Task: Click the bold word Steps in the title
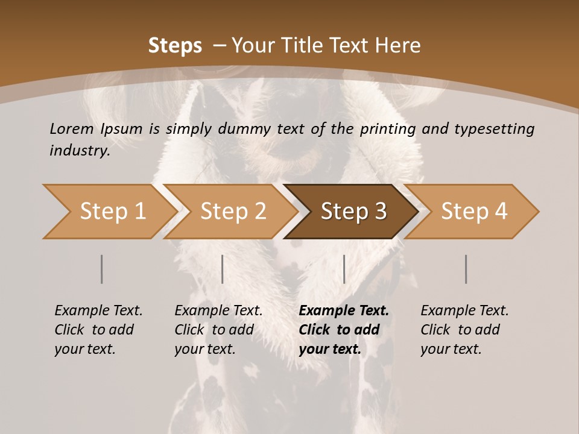[x=175, y=46]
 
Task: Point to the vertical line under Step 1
[x=101, y=269]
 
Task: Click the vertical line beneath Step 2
[x=223, y=269]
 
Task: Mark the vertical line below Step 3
[x=344, y=269]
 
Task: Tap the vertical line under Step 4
[x=466, y=269]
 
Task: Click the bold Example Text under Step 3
[x=343, y=330]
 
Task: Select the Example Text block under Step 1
[x=98, y=330]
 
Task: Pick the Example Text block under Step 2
[x=218, y=330]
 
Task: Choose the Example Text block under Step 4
[x=464, y=330]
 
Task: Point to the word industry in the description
[x=79, y=151]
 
